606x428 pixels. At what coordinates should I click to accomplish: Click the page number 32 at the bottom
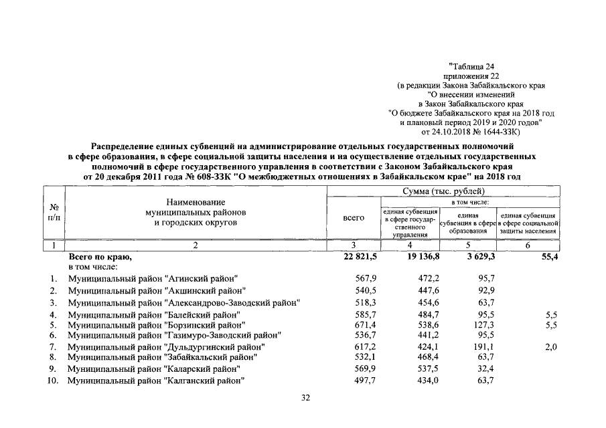(x=305, y=398)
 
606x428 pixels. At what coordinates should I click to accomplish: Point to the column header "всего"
(x=354, y=217)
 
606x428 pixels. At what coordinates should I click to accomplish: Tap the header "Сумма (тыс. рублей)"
(x=443, y=192)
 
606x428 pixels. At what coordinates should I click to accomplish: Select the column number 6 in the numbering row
(x=528, y=245)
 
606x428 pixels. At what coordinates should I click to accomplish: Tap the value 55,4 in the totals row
(x=548, y=256)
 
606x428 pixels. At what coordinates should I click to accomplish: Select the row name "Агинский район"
(x=155, y=278)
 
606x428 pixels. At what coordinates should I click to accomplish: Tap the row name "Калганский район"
(x=155, y=381)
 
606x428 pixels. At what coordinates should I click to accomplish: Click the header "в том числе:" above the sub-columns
(x=469, y=201)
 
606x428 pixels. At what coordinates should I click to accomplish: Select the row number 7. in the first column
(x=53, y=347)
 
